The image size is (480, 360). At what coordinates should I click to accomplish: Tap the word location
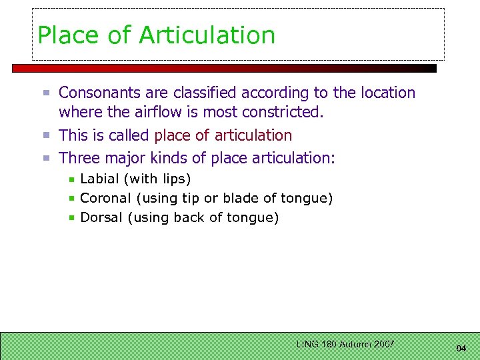[385, 93]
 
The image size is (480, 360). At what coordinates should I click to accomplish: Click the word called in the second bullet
[131, 135]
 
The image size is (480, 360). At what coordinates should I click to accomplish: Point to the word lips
[174, 179]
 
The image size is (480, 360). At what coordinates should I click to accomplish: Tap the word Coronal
[105, 198]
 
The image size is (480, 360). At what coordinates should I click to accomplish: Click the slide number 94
[461, 349]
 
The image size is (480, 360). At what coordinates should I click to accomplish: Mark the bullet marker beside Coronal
[71, 199]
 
